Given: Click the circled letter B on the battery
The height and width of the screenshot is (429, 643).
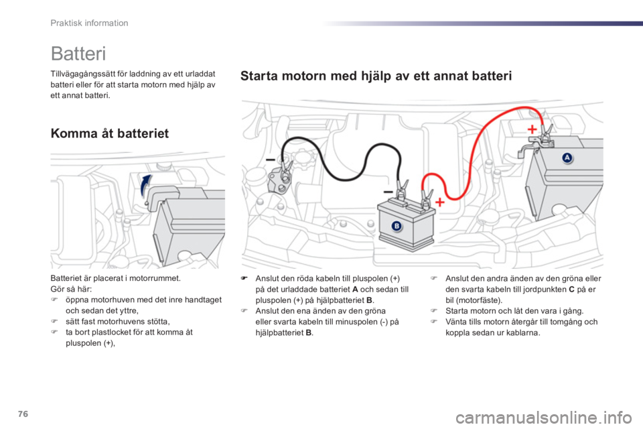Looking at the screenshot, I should pyautogui.click(x=396, y=227).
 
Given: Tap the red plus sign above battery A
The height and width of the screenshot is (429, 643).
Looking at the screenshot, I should pyautogui.click(x=532, y=129).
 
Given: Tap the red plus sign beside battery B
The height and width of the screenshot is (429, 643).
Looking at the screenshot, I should pyautogui.click(x=439, y=202).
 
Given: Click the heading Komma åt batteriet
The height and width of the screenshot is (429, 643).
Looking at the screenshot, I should pyautogui.click(x=110, y=133).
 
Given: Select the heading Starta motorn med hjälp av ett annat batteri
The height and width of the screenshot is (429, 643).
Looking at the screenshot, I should pyautogui.click(x=376, y=76).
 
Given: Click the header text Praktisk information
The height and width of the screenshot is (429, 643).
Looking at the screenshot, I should pyautogui.click(x=89, y=23).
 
